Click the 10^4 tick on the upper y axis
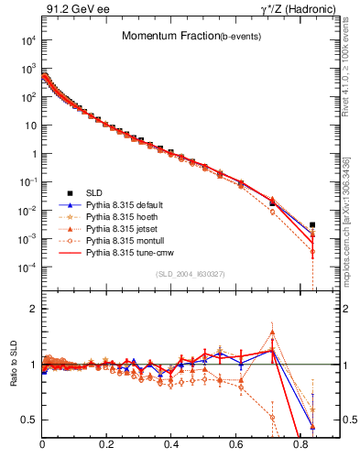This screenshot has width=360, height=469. coord(29,40)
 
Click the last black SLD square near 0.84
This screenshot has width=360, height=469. coord(313,224)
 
